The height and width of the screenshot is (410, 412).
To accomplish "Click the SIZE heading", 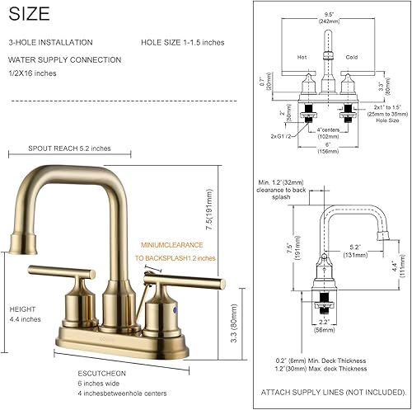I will coord(29,13).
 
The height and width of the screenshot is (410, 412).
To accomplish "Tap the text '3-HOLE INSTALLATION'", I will coord(50,42).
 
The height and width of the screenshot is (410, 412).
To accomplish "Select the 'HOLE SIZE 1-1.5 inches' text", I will coord(181,42).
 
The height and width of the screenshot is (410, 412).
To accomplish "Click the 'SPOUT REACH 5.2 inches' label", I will coord(69,149).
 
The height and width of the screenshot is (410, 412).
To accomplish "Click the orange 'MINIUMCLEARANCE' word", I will coord(171,244).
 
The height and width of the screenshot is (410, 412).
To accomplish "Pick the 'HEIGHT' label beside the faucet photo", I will coord(22,309).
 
